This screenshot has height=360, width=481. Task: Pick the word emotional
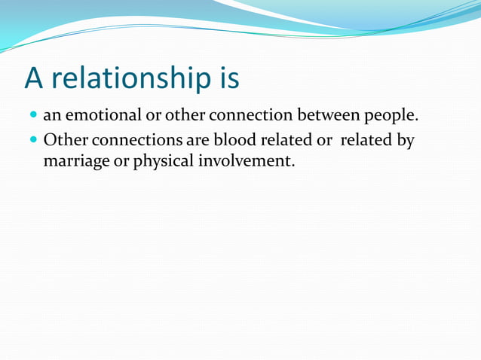point(105,117)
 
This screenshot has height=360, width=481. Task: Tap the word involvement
point(247,161)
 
